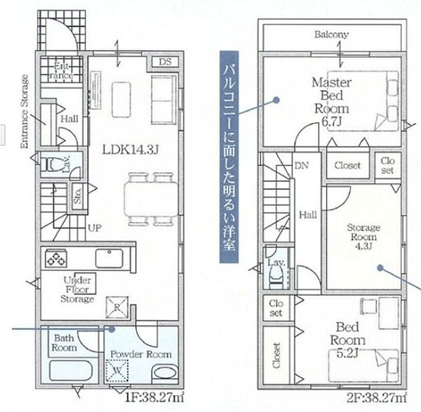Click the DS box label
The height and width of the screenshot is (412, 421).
165,62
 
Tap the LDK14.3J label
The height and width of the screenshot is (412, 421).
131,150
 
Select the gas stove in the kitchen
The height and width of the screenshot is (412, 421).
56,258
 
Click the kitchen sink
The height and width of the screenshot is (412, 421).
109,258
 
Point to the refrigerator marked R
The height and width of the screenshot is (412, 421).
117,307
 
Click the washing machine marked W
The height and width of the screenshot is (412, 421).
117,371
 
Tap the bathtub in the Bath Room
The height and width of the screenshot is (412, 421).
71,370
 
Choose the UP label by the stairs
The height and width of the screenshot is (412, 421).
95,228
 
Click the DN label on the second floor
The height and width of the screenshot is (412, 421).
301,166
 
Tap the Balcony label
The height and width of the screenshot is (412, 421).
332,35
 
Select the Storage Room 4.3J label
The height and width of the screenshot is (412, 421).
364,237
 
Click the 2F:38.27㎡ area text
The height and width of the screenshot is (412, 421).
377,398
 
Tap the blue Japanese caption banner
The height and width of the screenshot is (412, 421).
229,157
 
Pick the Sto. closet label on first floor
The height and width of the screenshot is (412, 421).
78,196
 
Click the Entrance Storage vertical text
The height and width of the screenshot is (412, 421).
24,112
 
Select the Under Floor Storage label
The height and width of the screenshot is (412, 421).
77,289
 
